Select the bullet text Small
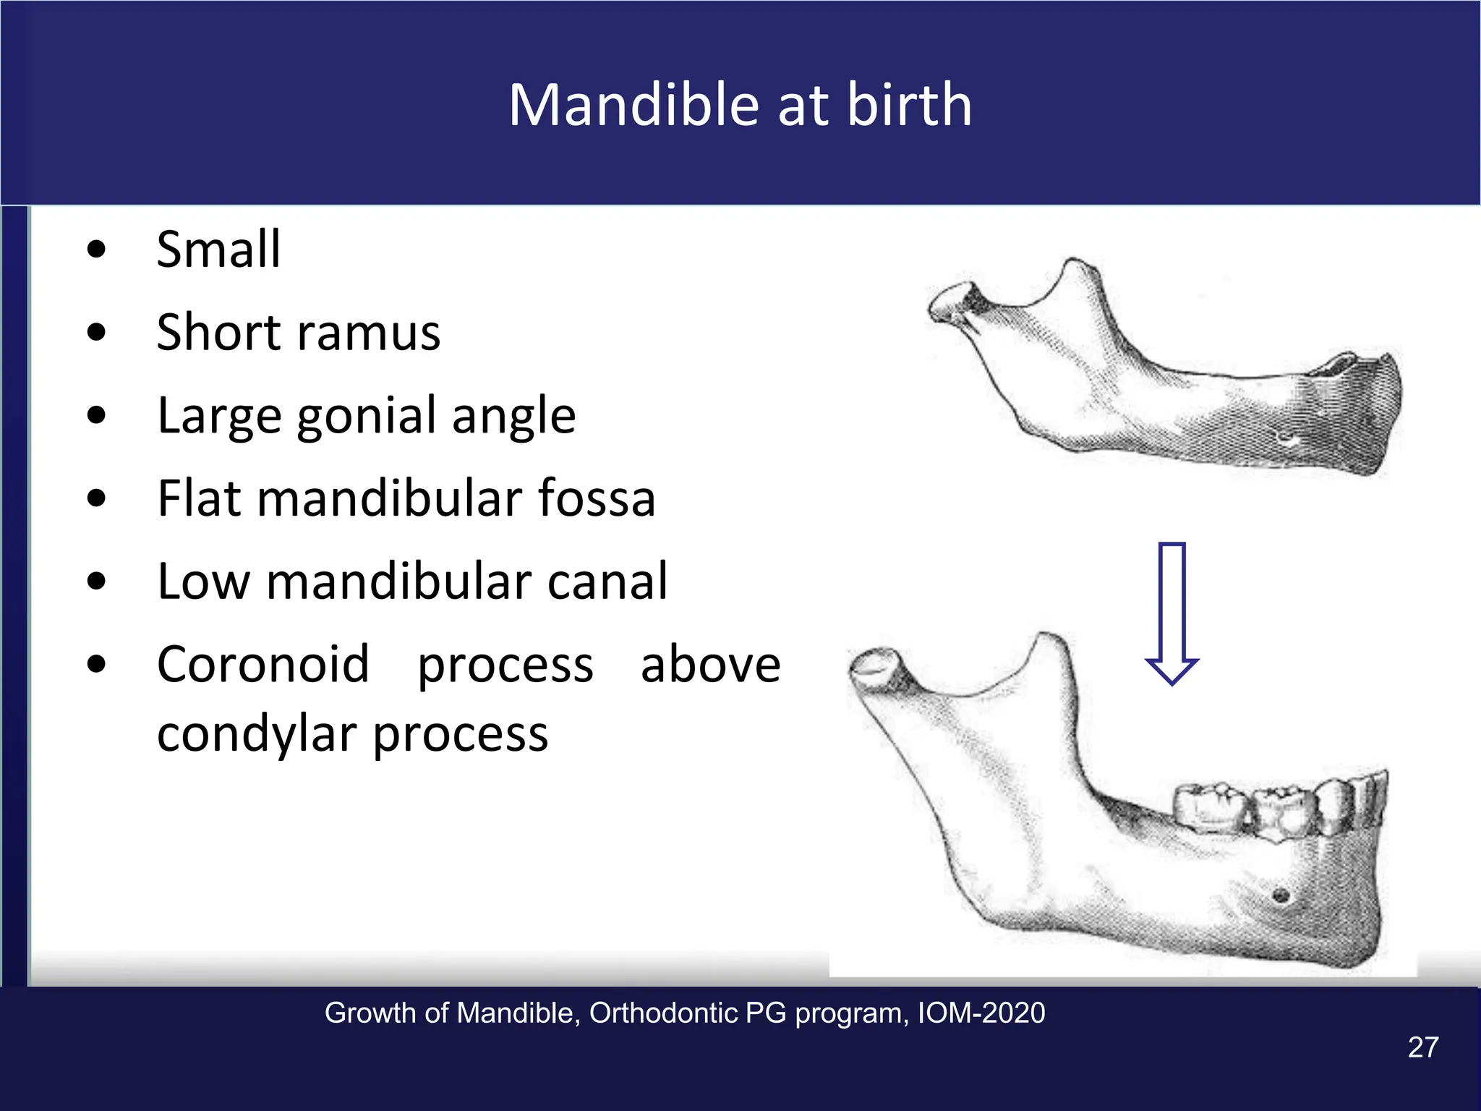[x=218, y=250]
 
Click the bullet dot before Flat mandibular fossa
[x=95, y=499]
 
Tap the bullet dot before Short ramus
[x=95, y=333]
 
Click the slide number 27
[x=1422, y=1047]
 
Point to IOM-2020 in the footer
[x=981, y=1013]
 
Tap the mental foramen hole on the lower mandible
[x=1280, y=895]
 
